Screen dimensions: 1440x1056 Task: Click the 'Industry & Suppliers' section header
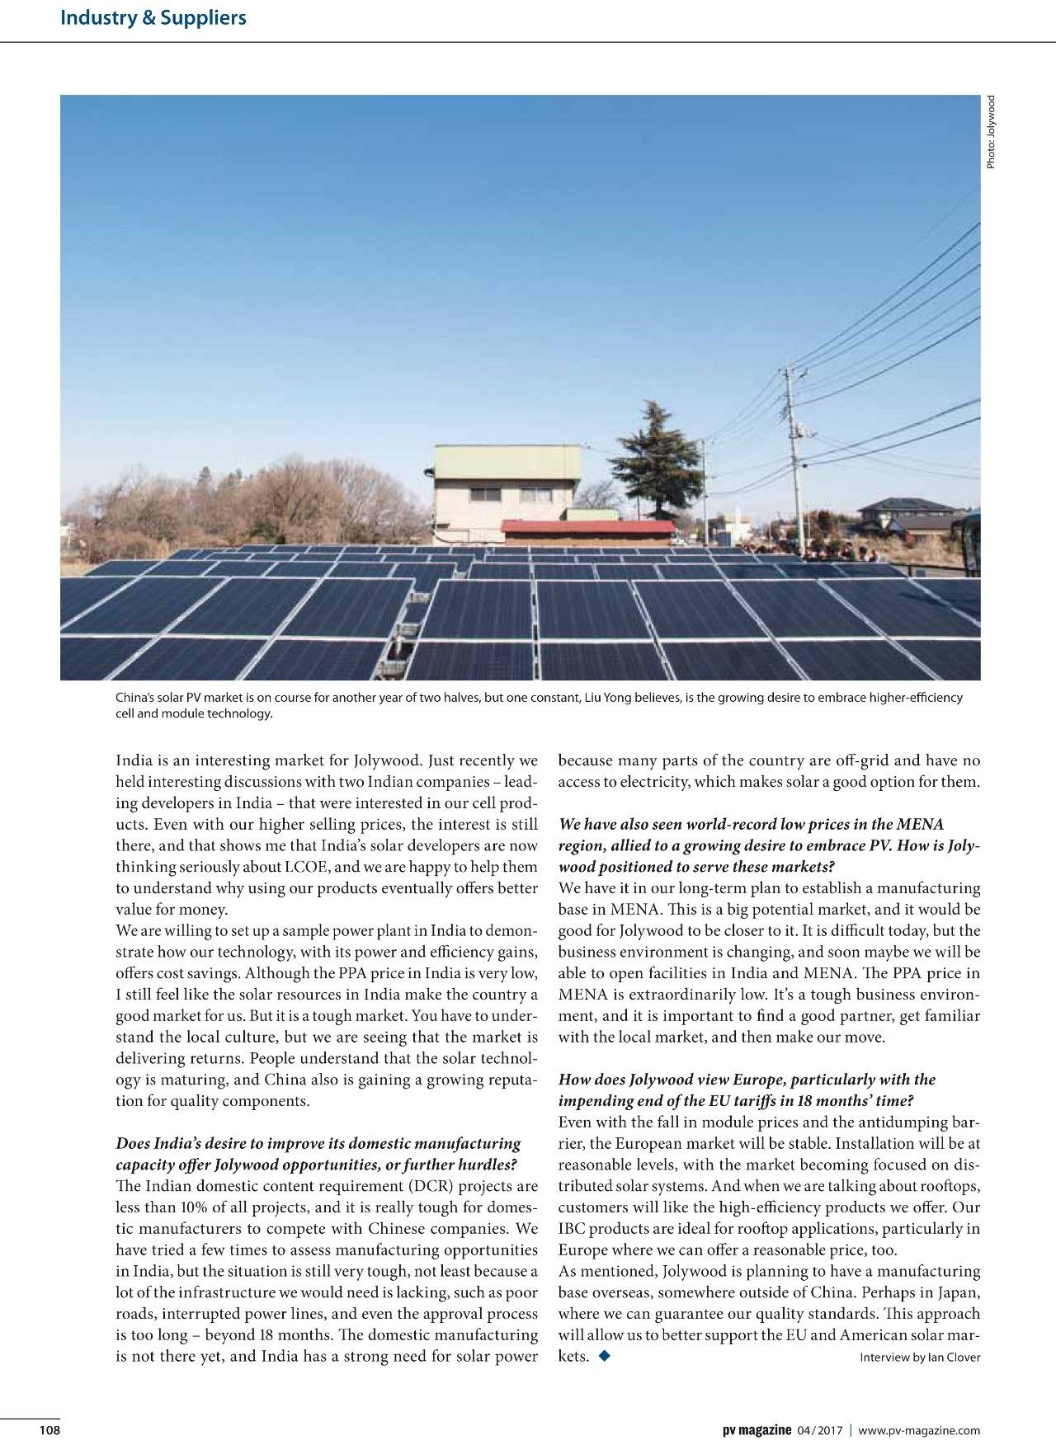coord(153,17)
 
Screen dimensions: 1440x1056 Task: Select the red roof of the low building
coord(587,526)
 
